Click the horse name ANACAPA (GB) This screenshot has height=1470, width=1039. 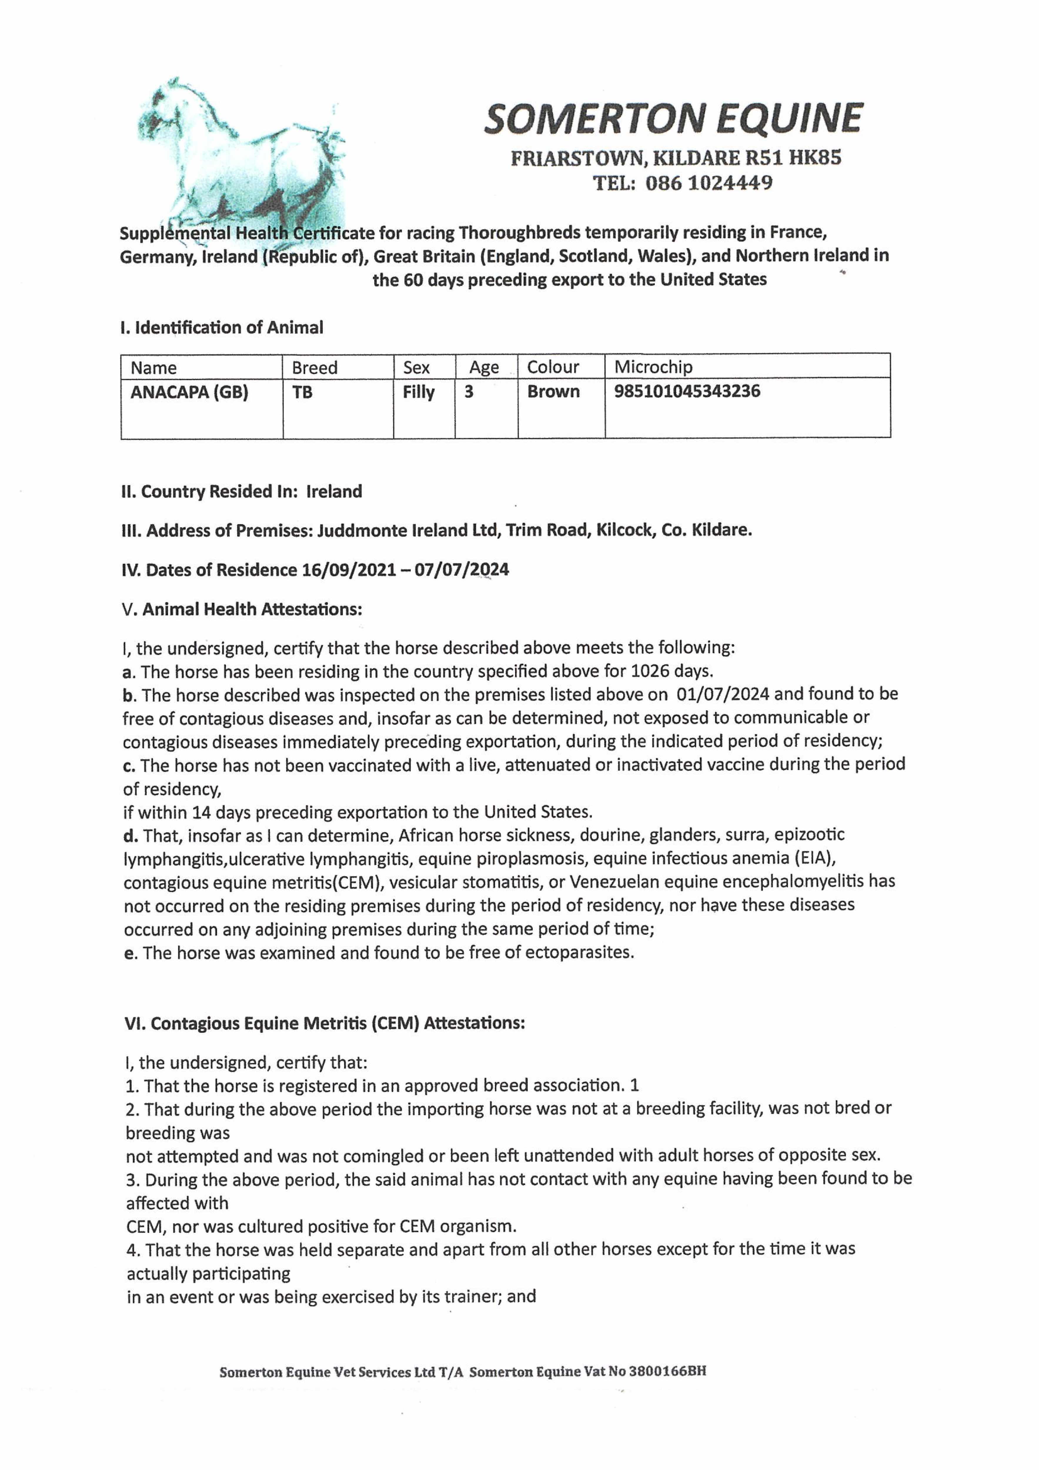click(190, 392)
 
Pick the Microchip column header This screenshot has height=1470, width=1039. click(653, 367)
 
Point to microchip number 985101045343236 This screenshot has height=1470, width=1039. click(687, 391)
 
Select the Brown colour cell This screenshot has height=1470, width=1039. click(553, 391)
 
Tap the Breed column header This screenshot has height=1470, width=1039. click(314, 367)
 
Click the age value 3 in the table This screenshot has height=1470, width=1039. click(469, 392)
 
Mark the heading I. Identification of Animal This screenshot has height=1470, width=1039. click(221, 328)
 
